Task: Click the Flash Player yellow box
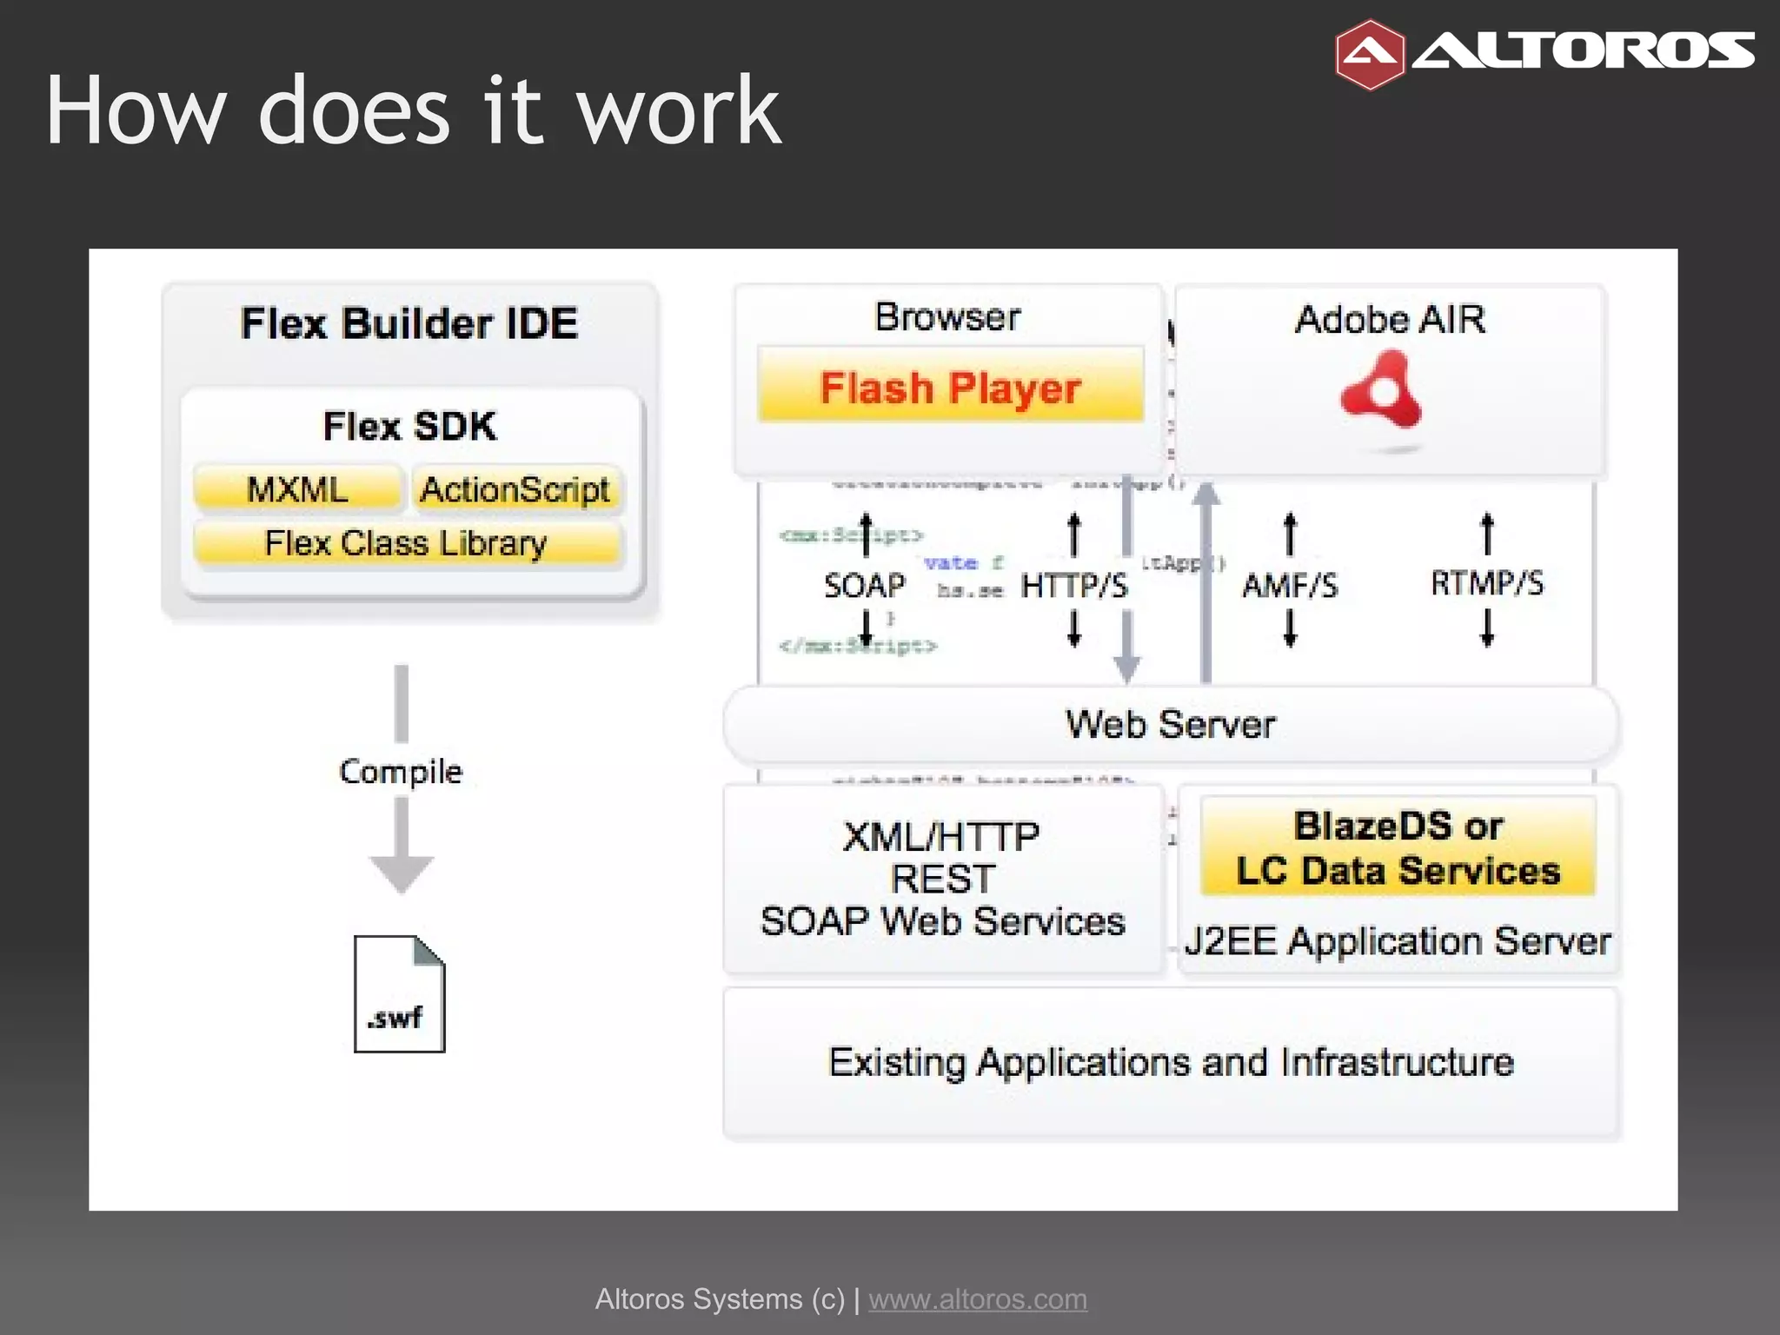pos(950,386)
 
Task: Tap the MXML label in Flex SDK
pos(297,489)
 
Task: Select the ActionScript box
pos(515,489)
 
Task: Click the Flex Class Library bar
pos(406,543)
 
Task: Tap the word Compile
pos(401,771)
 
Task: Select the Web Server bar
pos(1170,724)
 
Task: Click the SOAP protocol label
pos(864,586)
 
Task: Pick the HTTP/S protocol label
pos(1073,586)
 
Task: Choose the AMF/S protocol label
pos(1290,586)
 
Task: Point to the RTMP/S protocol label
pos(1487,583)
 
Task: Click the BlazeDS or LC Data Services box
pos(1398,847)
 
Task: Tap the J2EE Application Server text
pos(1398,941)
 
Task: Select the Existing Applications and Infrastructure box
pos(1171,1062)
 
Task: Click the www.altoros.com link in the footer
pos(978,1298)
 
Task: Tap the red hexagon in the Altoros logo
pos(1369,55)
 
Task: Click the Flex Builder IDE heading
pos(409,323)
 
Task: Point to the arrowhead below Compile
pos(401,873)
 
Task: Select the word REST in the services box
pos(942,879)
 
